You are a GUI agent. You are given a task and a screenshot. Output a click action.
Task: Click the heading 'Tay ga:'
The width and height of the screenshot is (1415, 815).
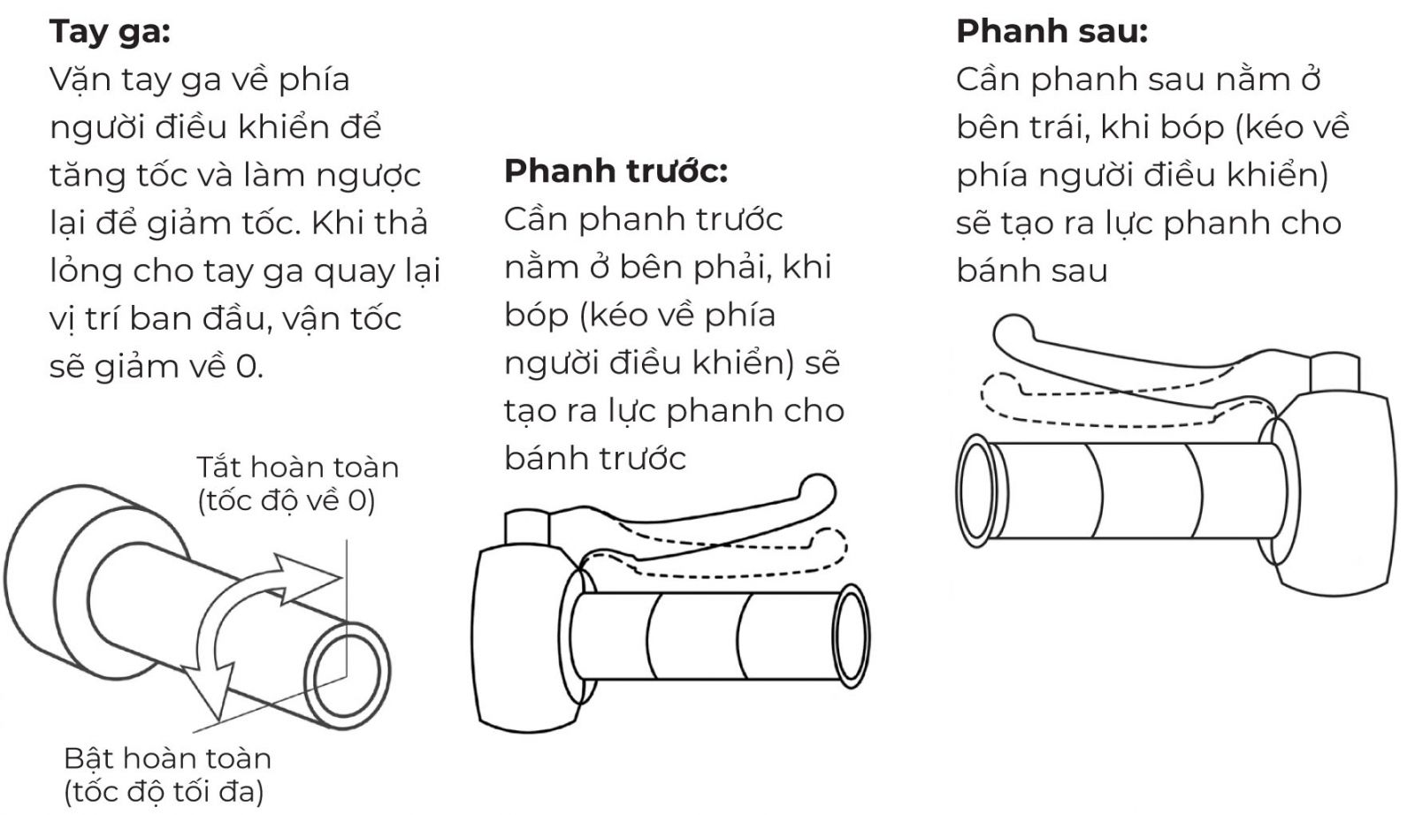(x=110, y=32)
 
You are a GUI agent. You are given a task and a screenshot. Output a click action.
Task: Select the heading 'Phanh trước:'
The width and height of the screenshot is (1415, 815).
(x=616, y=171)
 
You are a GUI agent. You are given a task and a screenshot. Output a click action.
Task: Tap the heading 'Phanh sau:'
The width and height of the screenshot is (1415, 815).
(x=1052, y=31)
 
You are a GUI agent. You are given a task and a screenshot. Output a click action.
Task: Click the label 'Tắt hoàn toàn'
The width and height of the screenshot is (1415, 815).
(x=297, y=468)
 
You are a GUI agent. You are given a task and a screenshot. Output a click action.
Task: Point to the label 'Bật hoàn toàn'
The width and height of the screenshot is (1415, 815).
(x=167, y=758)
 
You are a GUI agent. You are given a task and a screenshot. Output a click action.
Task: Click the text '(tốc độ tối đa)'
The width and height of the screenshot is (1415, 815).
(x=164, y=792)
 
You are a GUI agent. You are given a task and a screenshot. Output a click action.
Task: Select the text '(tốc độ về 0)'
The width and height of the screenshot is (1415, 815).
(x=287, y=501)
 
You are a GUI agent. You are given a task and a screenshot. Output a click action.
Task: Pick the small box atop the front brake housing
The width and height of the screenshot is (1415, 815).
(x=527, y=528)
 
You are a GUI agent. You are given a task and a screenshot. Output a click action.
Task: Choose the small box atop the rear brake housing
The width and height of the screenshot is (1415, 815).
(x=1335, y=372)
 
